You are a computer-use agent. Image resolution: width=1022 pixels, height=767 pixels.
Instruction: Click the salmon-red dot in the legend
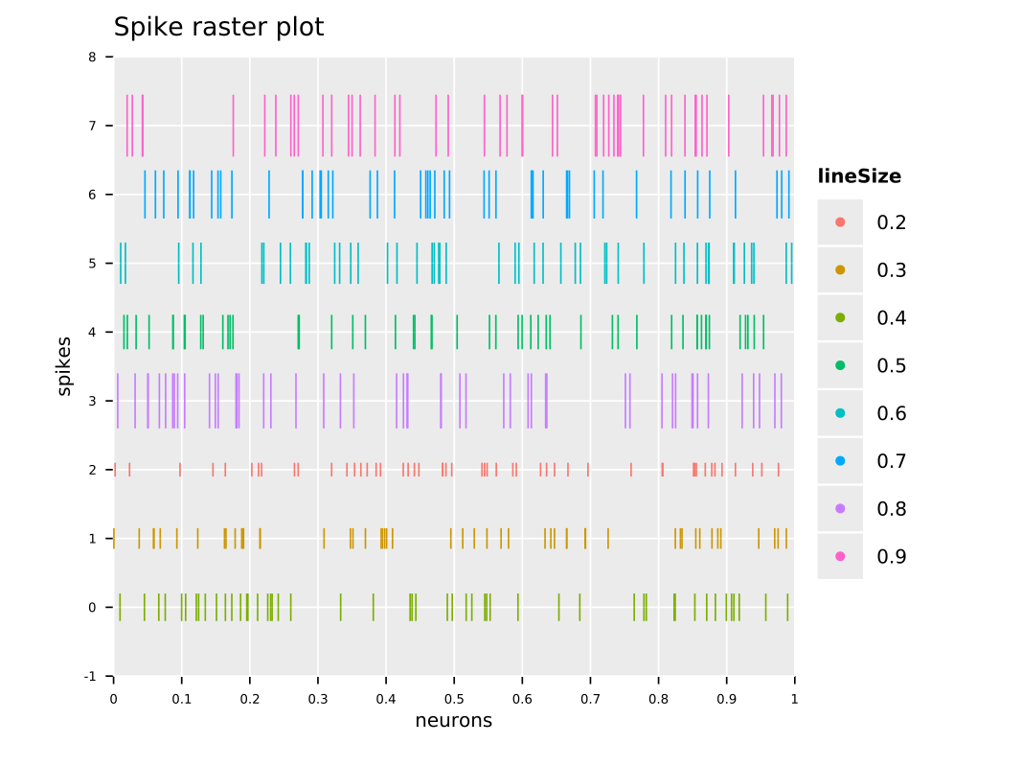tap(840, 222)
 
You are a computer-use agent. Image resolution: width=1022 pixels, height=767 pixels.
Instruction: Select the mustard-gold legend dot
tap(840, 270)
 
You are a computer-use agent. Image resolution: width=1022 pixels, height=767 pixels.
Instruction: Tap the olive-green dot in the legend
tap(840, 317)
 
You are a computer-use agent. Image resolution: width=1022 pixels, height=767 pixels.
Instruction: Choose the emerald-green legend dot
tap(840, 365)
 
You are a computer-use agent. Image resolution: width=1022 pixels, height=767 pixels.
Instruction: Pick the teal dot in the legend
tap(840, 413)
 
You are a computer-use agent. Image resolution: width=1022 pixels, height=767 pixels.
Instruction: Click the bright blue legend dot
tap(840, 461)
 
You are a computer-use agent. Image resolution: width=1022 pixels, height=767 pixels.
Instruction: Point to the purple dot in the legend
tap(840, 508)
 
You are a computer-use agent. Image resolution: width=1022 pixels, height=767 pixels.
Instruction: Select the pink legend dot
tap(840, 556)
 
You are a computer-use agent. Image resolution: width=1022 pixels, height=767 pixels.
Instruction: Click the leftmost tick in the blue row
tap(145, 195)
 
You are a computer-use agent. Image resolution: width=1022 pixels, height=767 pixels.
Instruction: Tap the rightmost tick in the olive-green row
tap(787, 607)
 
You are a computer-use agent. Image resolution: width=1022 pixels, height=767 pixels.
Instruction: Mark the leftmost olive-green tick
tap(120, 607)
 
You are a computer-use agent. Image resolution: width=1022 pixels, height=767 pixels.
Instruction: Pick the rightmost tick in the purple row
tap(781, 401)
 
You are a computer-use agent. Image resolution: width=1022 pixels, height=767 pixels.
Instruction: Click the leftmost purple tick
tap(118, 401)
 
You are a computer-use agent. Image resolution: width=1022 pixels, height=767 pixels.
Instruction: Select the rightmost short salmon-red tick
tap(778, 470)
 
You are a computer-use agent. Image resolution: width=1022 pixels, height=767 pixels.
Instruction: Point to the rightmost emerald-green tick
tap(763, 332)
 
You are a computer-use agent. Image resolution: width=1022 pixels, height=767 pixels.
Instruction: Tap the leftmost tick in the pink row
tap(126, 126)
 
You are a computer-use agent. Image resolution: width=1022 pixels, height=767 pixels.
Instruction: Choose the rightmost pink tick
tap(786, 126)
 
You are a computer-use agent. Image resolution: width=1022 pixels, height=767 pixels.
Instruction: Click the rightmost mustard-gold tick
tap(786, 538)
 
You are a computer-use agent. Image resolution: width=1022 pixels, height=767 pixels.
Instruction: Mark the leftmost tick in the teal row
tap(121, 264)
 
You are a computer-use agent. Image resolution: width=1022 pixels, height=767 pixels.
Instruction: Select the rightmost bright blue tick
tap(789, 195)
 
